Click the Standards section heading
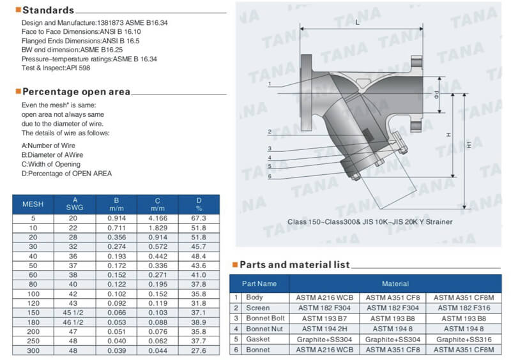[48, 10]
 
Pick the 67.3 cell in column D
[199, 218]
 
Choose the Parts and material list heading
[294, 264]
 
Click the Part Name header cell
[259, 283]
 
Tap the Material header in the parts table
[395, 283]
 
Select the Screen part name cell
[258, 308]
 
